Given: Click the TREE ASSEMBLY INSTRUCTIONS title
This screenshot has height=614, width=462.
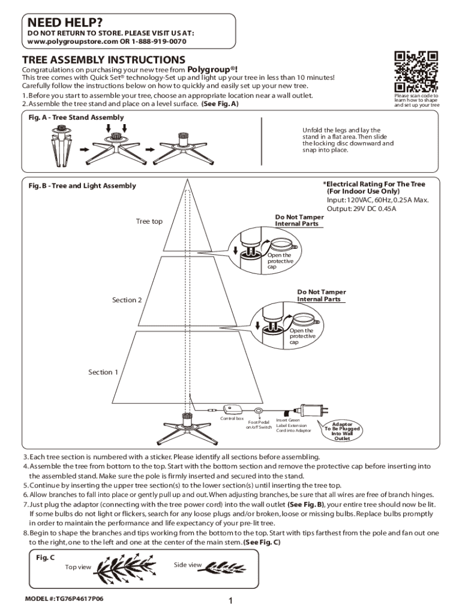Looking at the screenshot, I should [x=103, y=60].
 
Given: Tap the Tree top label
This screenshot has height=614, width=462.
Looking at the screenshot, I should [x=149, y=221].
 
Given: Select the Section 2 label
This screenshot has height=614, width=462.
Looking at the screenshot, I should [x=127, y=300].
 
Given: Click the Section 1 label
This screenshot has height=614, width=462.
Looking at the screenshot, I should [x=103, y=372].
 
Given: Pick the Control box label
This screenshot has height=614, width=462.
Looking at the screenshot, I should [x=232, y=418].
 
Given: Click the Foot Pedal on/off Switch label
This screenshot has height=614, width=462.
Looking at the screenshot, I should [x=259, y=425].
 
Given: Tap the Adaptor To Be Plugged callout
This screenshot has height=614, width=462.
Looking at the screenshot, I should [x=342, y=431].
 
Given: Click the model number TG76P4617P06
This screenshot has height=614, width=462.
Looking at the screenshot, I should [x=59, y=599].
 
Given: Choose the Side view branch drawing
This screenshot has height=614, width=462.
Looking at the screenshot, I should [x=225, y=566].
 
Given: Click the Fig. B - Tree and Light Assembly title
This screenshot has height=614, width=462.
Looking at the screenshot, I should [x=82, y=186].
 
